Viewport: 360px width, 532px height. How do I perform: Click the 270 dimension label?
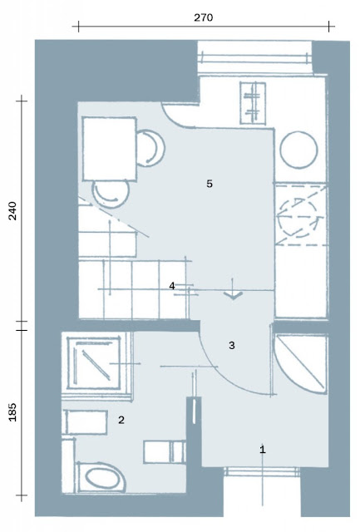[203, 17]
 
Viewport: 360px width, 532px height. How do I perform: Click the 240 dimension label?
[12, 210]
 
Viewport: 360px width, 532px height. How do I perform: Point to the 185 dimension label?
[12, 412]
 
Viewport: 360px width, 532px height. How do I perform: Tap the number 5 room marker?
[210, 184]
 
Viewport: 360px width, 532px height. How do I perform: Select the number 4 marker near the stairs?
[172, 286]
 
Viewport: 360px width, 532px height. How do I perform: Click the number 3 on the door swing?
[231, 346]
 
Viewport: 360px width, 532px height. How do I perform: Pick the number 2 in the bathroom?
[121, 420]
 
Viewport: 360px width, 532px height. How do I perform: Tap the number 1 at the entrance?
[262, 450]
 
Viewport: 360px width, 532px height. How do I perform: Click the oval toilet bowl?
[101, 478]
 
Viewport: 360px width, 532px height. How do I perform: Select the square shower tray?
[94, 362]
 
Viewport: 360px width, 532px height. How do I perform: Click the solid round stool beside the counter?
[298, 150]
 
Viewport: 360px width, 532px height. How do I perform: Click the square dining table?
[109, 149]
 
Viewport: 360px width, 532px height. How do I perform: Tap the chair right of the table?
[151, 148]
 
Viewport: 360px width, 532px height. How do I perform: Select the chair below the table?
[111, 194]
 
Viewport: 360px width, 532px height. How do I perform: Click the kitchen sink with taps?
[253, 103]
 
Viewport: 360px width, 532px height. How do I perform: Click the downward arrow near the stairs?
[233, 289]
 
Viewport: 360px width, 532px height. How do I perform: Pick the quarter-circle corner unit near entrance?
[301, 364]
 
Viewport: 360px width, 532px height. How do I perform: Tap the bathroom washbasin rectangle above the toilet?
[86, 421]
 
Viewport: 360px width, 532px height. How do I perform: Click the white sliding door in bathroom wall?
[194, 411]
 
